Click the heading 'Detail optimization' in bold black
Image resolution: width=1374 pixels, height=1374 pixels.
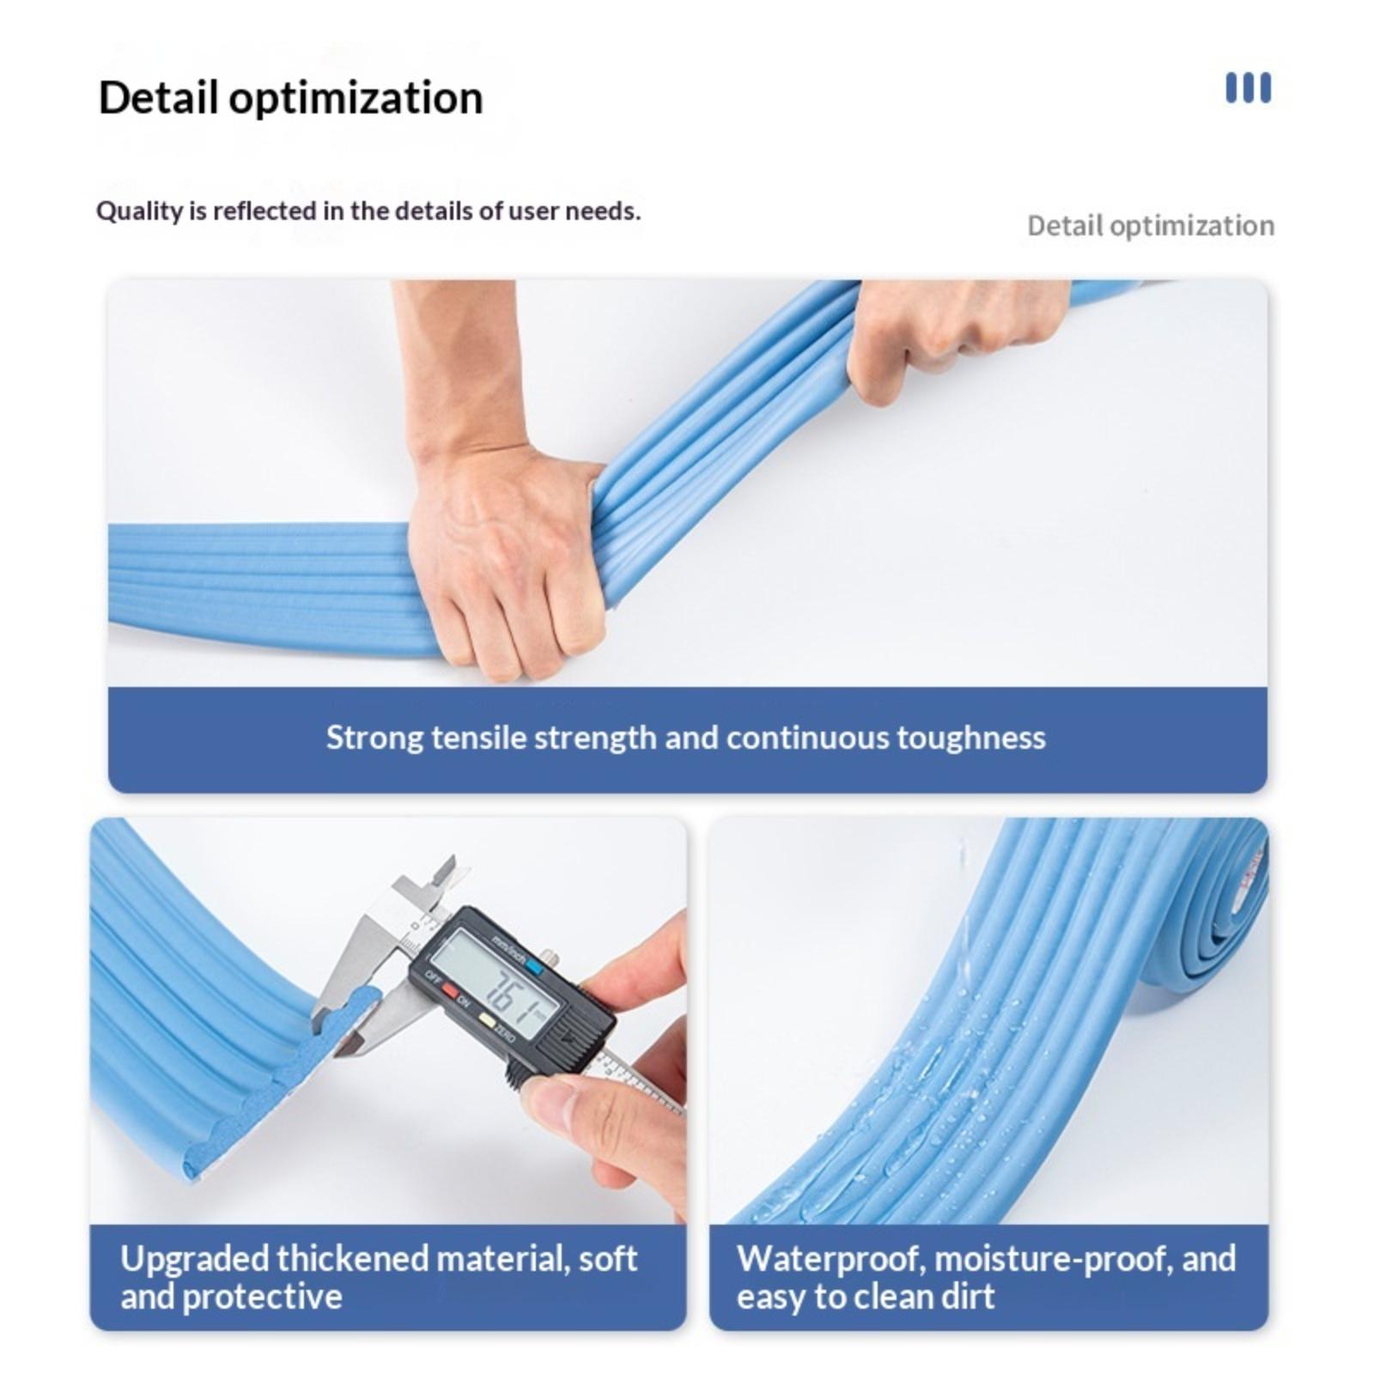[x=290, y=98]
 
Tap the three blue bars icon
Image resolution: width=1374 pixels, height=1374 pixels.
[x=1248, y=88]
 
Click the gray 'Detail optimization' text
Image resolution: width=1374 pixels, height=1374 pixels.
[x=1151, y=226]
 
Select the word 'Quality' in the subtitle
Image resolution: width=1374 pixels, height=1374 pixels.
[x=138, y=211]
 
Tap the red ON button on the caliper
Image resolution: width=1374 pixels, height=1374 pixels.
[x=450, y=990]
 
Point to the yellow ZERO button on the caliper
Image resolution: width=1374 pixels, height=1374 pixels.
[x=487, y=1021]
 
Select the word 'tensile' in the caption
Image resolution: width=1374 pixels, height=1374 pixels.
[x=477, y=738]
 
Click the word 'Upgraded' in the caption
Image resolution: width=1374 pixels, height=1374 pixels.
[x=193, y=1259]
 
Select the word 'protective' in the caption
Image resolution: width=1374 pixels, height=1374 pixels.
[x=262, y=1297]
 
